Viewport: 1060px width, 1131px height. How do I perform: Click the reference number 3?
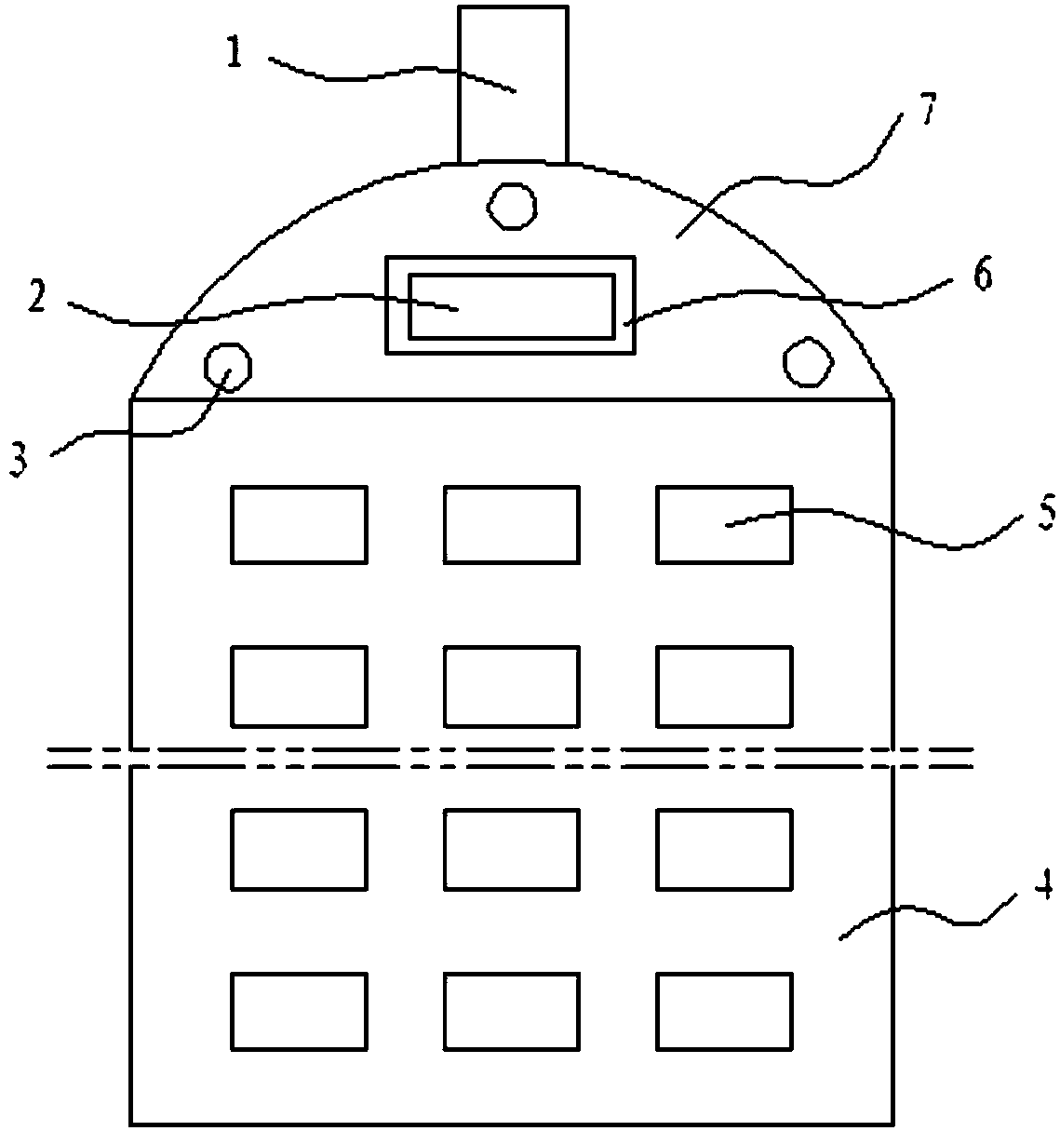tap(20, 460)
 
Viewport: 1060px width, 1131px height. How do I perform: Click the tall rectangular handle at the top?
tap(512, 84)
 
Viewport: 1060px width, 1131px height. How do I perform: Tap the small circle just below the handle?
tap(512, 206)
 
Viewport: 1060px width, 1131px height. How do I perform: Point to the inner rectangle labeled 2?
tap(511, 306)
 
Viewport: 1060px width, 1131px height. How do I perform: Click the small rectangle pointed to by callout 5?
tap(724, 524)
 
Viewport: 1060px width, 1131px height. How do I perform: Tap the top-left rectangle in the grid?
tap(298, 524)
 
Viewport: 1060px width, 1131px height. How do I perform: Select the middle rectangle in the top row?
tap(511, 524)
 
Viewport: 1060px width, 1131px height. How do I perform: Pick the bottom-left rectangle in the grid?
tap(298, 1011)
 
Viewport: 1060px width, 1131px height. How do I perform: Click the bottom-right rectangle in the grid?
tap(724, 1011)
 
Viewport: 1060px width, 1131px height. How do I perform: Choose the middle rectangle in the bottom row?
tap(511, 1011)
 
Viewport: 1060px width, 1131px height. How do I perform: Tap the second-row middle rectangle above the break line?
tap(511, 686)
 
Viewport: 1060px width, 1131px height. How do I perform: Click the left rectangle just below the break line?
tap(298, 848)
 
